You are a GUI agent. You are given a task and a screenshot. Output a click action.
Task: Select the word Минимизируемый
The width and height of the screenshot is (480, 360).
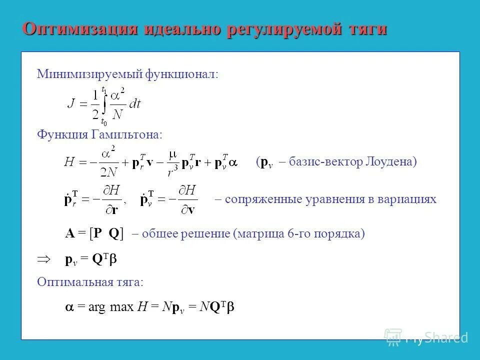[x=90, y=74]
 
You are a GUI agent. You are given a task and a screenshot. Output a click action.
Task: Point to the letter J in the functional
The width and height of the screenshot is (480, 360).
[x=72, y=104]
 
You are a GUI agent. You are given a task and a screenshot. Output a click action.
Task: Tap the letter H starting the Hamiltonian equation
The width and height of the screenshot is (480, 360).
[x=69, y=162]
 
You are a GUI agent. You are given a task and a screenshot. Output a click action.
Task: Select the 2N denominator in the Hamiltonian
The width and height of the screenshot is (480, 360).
[x=108, y=171]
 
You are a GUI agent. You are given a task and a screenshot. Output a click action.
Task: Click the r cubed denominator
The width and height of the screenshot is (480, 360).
[x=173, y=171]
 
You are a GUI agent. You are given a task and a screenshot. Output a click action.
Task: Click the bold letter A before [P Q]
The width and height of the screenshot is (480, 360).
[x=69, y=233]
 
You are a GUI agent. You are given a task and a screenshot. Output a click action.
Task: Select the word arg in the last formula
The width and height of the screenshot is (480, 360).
[x=97, y=308]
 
